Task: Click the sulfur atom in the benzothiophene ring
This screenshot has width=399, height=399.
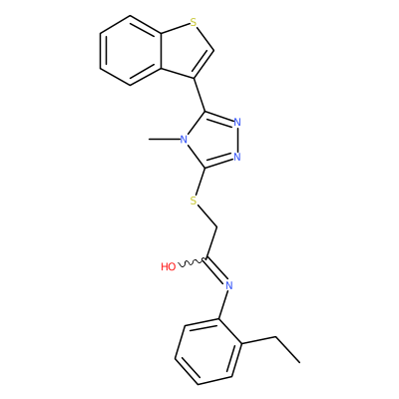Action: tap(194, 22)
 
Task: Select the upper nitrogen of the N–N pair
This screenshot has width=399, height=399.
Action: tap(237, 122)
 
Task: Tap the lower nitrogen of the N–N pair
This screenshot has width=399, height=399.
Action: tap(237, 157)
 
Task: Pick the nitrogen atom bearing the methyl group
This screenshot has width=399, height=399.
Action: tap(184, 140)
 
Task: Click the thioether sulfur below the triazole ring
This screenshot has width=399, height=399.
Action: tap(194, 200)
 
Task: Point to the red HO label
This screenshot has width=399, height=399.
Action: tap(169, 266)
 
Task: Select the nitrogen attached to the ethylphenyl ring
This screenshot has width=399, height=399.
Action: tap(228, 285)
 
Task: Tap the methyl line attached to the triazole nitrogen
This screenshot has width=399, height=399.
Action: tap(164, 140)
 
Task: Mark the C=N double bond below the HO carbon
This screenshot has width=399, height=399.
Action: tap(215, 270)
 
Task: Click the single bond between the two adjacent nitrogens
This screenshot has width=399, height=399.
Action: tap(237, 140)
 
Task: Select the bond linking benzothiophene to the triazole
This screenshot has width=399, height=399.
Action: tap(199, 95)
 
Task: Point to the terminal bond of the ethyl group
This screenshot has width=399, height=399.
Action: tap(287, 350)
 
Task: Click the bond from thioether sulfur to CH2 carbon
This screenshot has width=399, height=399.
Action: tap(207, 216)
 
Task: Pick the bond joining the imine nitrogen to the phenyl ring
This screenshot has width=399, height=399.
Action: tap(223, 304)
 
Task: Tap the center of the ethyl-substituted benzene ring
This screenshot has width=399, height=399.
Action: tap(208, 352)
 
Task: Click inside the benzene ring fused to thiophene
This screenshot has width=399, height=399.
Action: tap(131, 51)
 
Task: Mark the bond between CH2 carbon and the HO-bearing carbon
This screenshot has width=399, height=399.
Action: tap(211, 243)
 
